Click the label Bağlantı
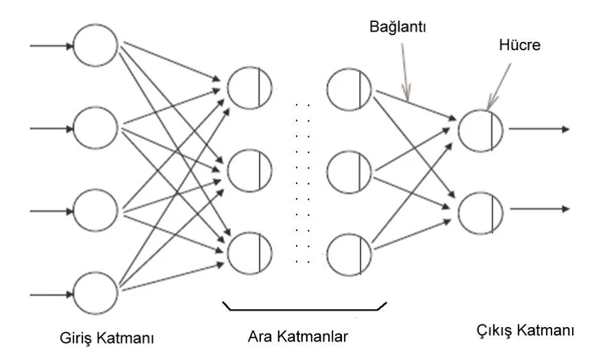pyautogui.click(x=397, y=27)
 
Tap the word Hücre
pyautogui.click(x=519, y=45)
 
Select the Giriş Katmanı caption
pyautogui.click(x=107, y=337)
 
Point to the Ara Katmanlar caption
pyautogui.click(x=297, y=336)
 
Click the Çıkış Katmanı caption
pyautogui.click(x=525, y=331)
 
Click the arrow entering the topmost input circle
pyautogui.click(x=51, y=46)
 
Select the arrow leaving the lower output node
pyautogui.click(x=539, y=208)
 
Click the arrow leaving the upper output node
pyautogui.click(x=539, y=129)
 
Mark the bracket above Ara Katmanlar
pyautogui.click(x=304, y=310)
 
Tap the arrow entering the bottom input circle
pyautogui.click(x=51, y=294)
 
